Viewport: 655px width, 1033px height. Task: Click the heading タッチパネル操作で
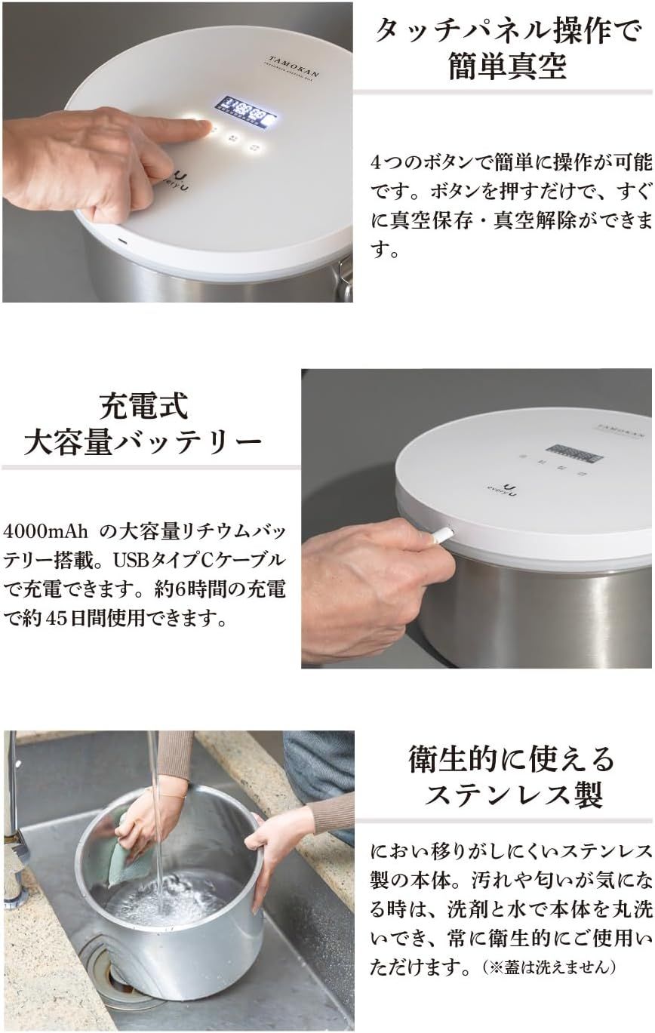pyautogui.click(x=509, y=32)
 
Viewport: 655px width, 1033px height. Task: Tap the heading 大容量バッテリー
pyautogui.click(x=143, y=442)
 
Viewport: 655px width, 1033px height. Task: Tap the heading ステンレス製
pyautogui.click(x=510, y=795)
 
